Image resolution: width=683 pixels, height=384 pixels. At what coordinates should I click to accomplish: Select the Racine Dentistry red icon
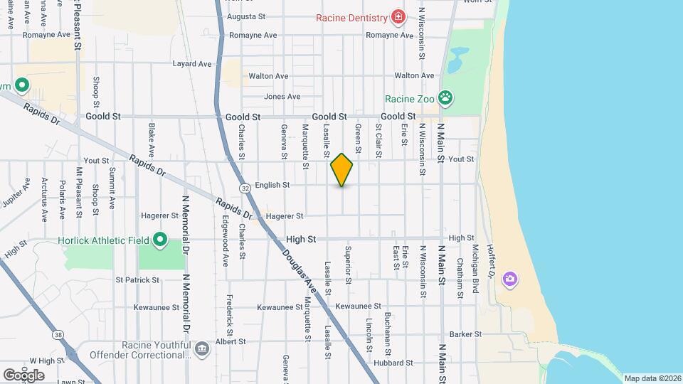tap(398, 16)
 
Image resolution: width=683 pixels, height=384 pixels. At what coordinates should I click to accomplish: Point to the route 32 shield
tap(245, 188)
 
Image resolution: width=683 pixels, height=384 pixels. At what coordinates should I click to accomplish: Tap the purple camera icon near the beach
tap(509, 278)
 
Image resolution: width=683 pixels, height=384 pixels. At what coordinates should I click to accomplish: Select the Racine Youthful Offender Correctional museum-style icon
tap(202, 348)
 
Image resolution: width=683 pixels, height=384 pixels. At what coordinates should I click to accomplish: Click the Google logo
tap(23, 375)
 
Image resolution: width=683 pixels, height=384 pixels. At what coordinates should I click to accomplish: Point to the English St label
tap(272, 185)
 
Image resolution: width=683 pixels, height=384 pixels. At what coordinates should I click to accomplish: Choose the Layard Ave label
tap(192, 63)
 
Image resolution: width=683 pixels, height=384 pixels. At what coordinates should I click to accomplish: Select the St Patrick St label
tap(138, 280)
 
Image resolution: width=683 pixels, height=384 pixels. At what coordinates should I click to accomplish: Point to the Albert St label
tap(231, 341)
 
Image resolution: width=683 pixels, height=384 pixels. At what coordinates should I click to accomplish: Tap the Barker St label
tap(466, 334)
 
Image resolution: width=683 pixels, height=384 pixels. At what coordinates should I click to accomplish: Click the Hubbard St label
tap(396, 362)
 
